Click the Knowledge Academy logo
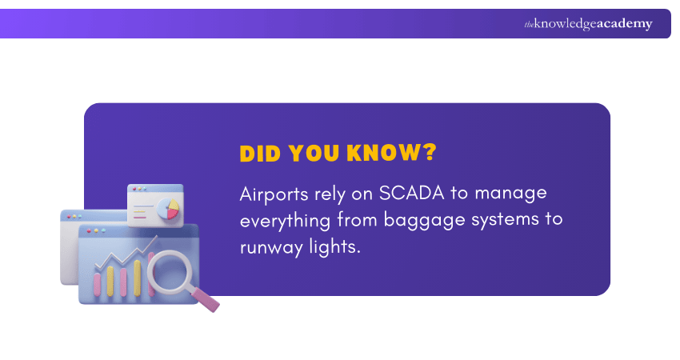click(588, 24)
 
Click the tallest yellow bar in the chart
click(137, 277)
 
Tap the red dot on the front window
click(86, 231)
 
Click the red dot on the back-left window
click(69, 216)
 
